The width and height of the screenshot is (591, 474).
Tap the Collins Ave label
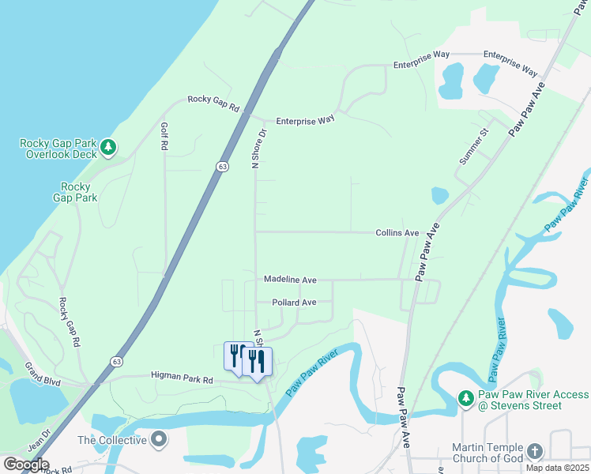click(x=397, y=233)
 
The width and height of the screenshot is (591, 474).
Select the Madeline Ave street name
click(x=290, y=280)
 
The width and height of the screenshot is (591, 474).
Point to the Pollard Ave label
click(x=294, y=303)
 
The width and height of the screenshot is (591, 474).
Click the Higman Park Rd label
click(x=182, y=379)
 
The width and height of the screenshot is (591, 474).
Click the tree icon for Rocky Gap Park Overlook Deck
click(x=109, y=147)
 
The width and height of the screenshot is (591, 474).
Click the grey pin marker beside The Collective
click(x=160, y=438)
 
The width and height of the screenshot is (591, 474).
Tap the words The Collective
click(x=113, y=440)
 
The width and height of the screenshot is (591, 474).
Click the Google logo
click(x=26, y=465)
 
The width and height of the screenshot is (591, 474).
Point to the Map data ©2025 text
click(x=557, y=468)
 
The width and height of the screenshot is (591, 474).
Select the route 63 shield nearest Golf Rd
click(x=223, y=167)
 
